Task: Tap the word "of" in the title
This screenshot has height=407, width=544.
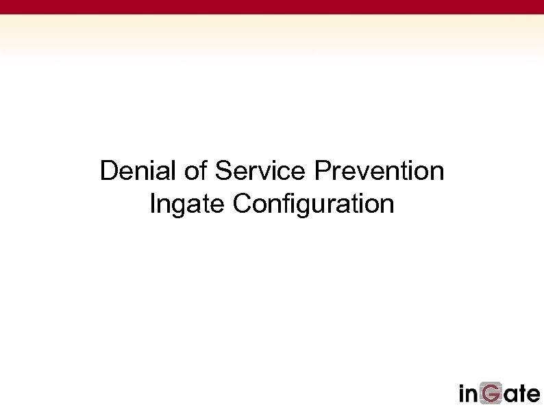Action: (x=195, y=170)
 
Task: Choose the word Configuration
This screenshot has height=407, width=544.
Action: (x=313, y=203)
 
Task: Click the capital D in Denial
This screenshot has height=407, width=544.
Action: (x=109, y=170)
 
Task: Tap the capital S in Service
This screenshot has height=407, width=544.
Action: (x=223, y=170)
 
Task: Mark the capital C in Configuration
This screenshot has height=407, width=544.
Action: (x=241, y=203)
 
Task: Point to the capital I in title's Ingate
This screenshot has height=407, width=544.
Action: (x=152, y=203)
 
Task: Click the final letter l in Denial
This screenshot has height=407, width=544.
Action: (x=176, y=170)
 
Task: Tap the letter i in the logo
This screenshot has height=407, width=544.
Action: (x=462, y=393)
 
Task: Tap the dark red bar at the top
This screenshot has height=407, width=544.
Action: (x=272, y=7)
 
